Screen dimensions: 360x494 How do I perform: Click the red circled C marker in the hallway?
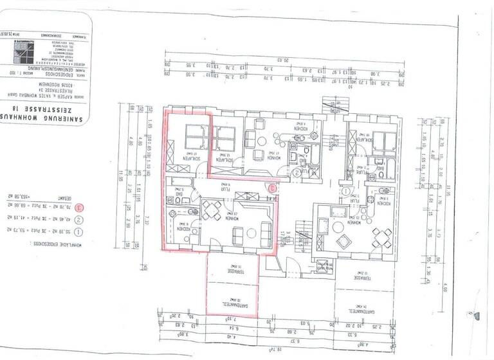tap(272, 188)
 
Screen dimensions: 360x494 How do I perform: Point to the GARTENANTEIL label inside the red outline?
tap(231, 300)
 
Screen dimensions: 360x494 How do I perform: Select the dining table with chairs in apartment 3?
tap(212, 208)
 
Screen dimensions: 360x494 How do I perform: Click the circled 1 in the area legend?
tap(78, 230)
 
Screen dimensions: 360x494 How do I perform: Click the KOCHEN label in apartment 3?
tap(179, 228)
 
